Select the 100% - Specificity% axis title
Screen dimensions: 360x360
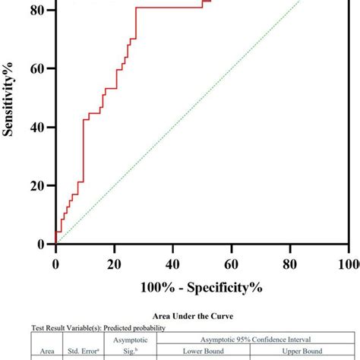click(201, 289)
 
